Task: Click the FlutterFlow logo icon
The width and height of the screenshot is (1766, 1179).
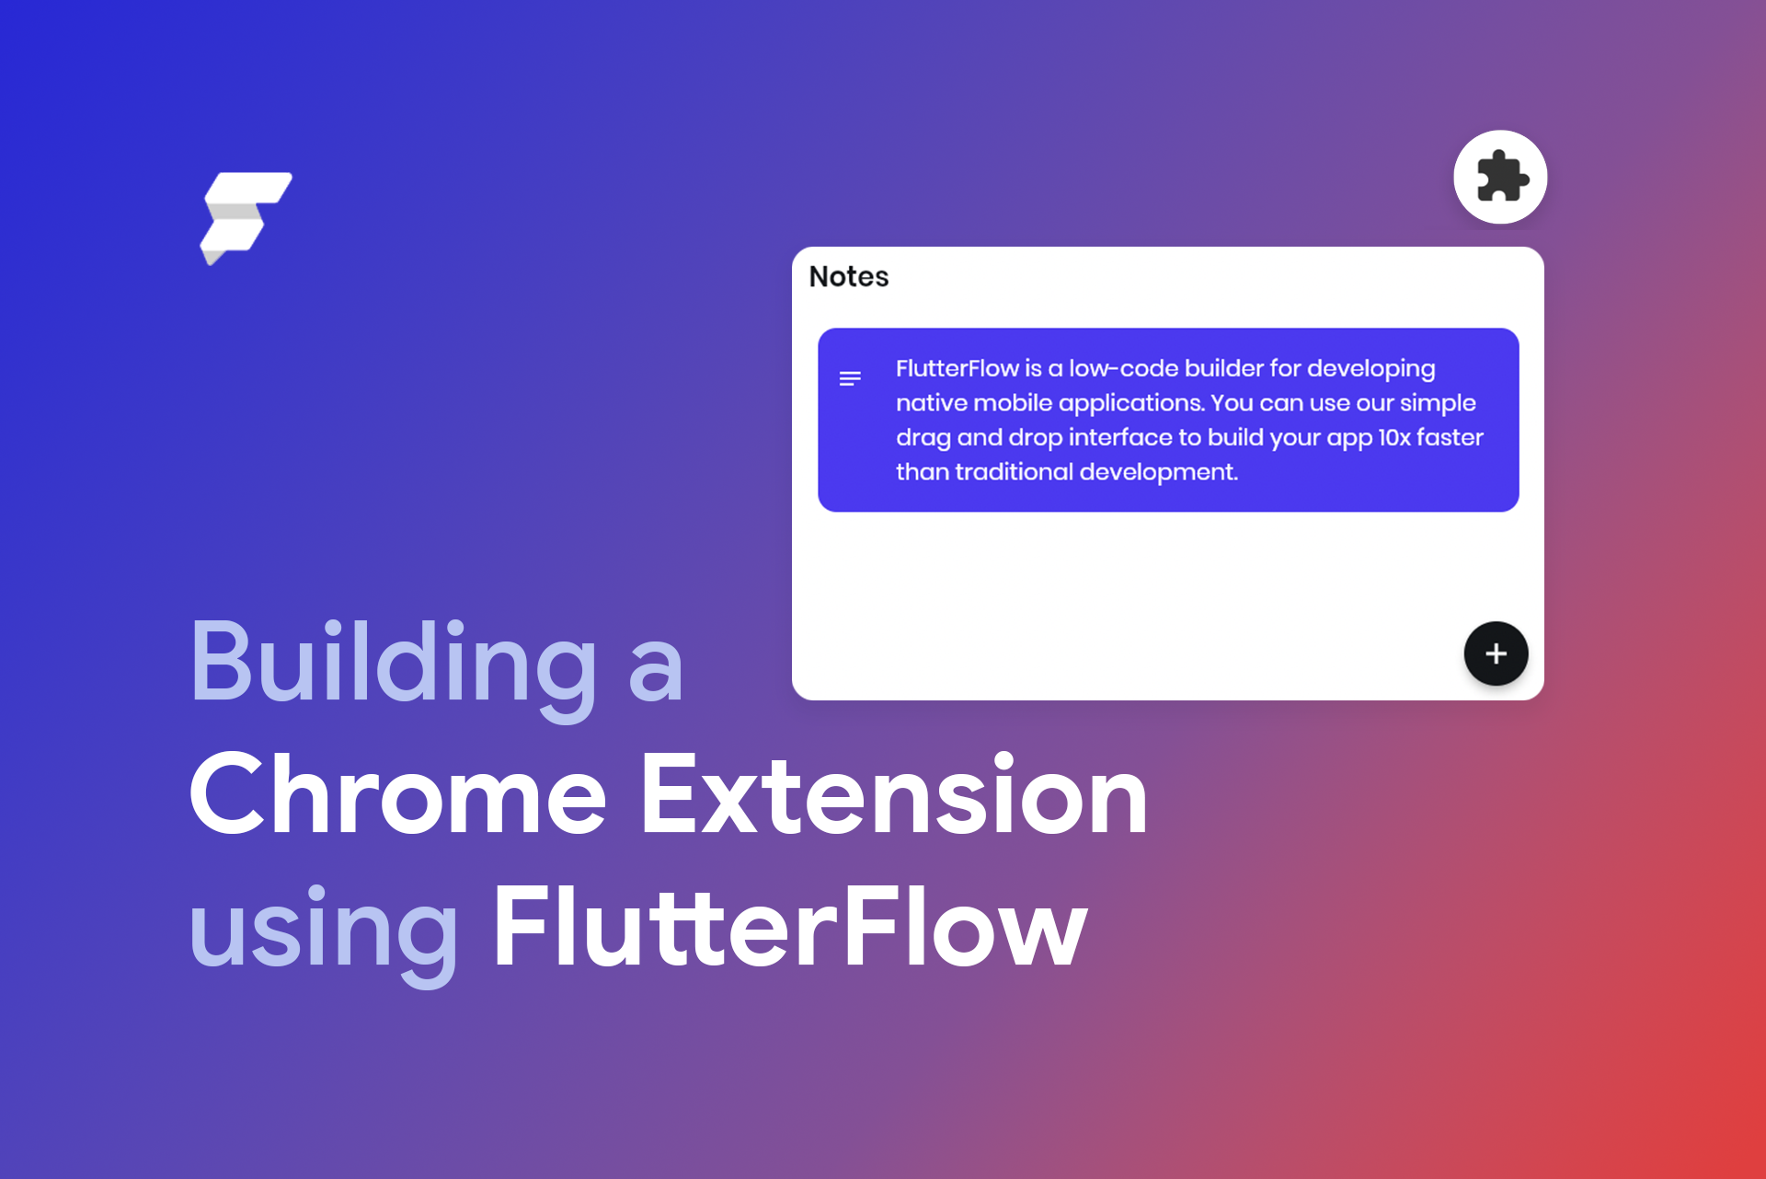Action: pyautogui.click(x=246, y=217)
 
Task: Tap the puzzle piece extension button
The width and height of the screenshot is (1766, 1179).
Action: pyautogui.click(x=1500, y=177)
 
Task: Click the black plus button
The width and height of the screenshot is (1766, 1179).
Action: pyautogui.click(x=1496, y=653)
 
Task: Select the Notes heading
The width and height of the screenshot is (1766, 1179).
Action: pyautogui.click(x=848, y=276)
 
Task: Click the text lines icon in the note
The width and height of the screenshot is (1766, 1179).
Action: pyautogui.click(x=850, y=378)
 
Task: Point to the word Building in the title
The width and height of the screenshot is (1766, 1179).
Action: pyautogui.click(x=394, y=663)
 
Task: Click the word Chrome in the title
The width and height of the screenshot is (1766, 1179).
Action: pyautogui.click(x=397, y=793)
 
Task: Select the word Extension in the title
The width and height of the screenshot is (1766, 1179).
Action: pyautogui.click(x=893, y=793)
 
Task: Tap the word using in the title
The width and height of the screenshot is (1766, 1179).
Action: pyautogui.click(x=323, y=928)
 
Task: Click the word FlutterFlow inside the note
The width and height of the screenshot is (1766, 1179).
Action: pyautogui.click(x=957, y=368)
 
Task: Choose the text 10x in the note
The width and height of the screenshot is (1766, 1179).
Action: pyautogui.click(x=1393, y=437)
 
